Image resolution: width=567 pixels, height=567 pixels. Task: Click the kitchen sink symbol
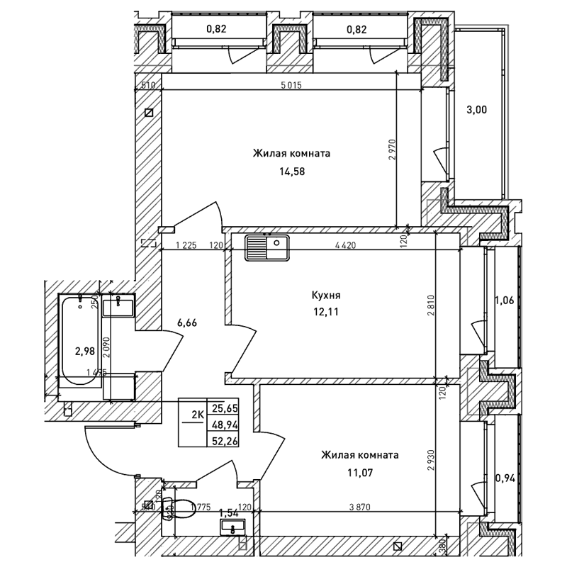point(266,247)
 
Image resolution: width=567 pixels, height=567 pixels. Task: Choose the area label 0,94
point(504,477)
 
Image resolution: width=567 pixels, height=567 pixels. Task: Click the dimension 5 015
point(292,86)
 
